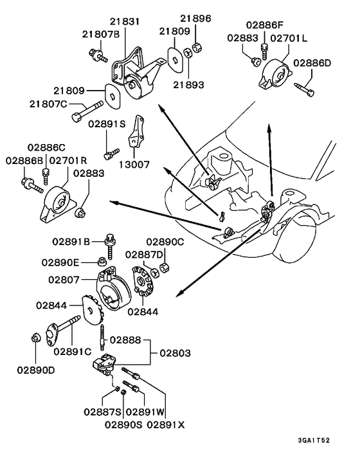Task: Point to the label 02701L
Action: (289, 39)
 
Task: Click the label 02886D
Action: (313, 63)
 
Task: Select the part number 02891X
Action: (165, 424)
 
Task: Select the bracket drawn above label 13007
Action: (137, 133)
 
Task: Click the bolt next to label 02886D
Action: (305, 86)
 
